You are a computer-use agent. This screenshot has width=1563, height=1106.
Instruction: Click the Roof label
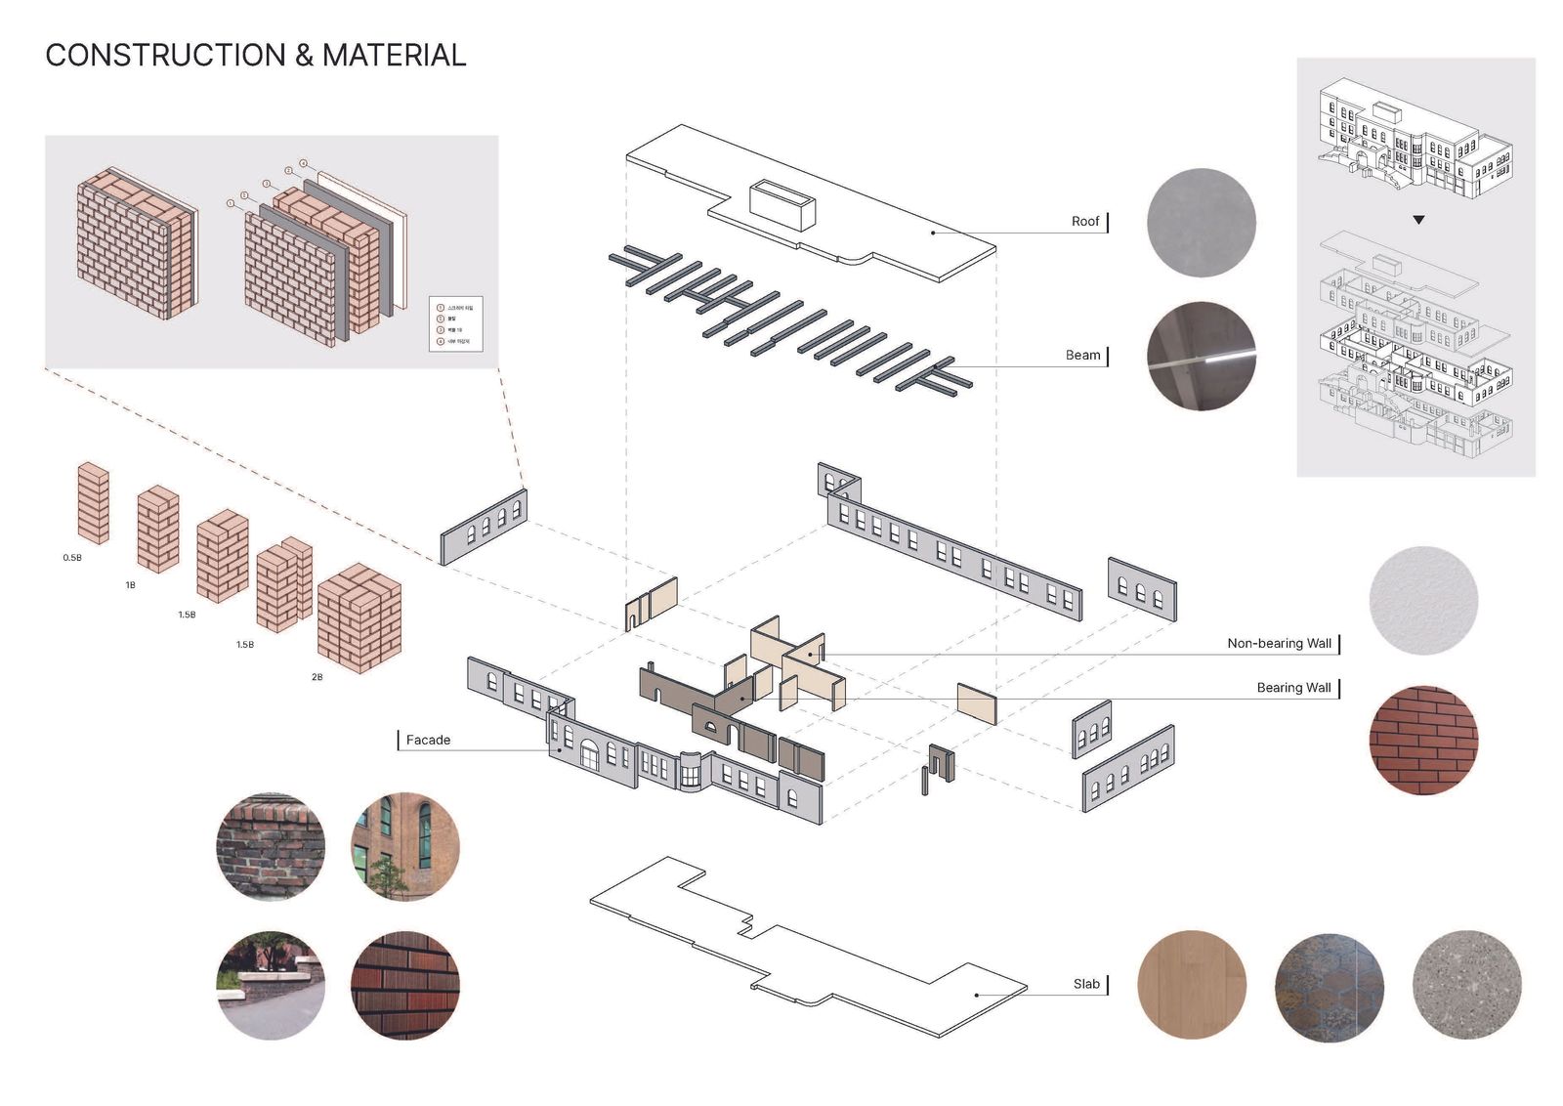click(x=1084, y=222)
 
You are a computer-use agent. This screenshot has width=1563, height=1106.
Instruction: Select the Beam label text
click(x=1082, y=356)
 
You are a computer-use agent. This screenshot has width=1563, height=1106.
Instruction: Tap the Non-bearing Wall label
click(x=1279, y=644)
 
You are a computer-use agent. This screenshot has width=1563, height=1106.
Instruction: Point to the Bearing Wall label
click(x=1293, y=688)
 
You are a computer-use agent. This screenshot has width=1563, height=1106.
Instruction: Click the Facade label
click(x=428, y=741)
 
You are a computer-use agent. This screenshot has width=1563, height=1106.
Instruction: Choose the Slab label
click(x=1086, y=984)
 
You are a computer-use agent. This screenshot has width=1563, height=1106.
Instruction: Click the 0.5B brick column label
click(x=72, y=558)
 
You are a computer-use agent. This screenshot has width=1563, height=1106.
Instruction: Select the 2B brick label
click(x=317, y=677)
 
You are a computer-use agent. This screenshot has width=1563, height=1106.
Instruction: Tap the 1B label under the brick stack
click(x=130, y=585)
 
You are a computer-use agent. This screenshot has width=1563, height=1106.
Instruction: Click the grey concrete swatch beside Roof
click(x=1201, y=223)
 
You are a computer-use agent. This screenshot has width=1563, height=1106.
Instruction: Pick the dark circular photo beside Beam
click(x=1201, y=356)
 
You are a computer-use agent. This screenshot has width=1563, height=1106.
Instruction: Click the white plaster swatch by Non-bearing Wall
click(x=1422, y=600)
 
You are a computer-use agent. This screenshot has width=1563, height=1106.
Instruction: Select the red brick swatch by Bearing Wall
click(x=1422, y=740)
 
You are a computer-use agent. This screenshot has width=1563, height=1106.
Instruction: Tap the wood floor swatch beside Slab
click(x=1192, y=984)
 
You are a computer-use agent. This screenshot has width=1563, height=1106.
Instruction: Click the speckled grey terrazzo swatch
click(x=1466, y=984)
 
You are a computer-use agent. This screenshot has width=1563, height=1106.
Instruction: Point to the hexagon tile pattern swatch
click(x=1329, y=984)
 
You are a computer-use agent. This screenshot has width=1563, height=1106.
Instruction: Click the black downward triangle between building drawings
click(x=1418, y=220)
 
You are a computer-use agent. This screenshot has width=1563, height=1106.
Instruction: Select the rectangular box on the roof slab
click(x=781, y=204)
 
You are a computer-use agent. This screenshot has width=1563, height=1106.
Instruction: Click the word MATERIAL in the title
click(x=394, y=56)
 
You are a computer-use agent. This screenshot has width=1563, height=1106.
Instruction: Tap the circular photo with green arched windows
click(x=404, y=846)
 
